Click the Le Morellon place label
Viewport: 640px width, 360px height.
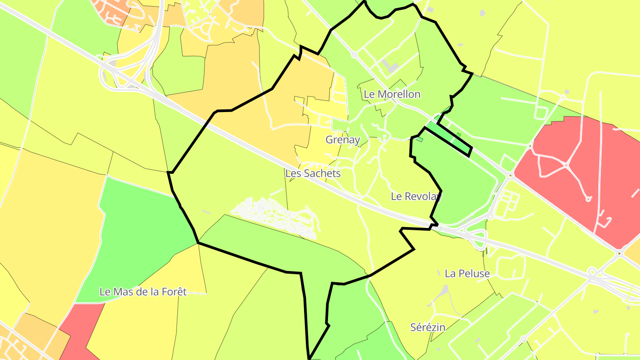coord(392,94)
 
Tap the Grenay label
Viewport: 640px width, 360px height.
coord(342,140)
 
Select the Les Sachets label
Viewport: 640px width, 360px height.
coord(313,173)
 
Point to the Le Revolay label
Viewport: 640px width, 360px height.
coord(416,196)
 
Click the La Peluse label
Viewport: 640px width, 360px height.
coord(467,274)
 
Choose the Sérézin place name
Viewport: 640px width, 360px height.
coord(428,328)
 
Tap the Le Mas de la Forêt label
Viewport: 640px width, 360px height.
coord(143,292)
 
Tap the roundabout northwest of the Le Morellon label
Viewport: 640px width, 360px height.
coord(354,55)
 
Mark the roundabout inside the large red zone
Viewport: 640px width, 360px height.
coord(566,165)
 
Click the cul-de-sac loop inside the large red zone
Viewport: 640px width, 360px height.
coord(588,199)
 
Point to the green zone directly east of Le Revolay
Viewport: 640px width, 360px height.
coord(462,187)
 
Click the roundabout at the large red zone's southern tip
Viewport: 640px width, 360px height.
coord(619,254)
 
